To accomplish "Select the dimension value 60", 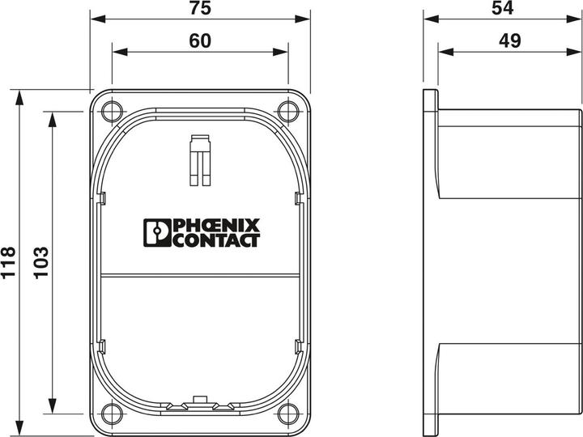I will pyautogui.click(x=200, y=41).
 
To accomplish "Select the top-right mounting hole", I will pyautogui.click(x=287, y=110).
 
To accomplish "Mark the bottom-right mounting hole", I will pyautogui.click(x=287, y=414).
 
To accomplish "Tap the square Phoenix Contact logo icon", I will pyautogui.click(x=155, y=232).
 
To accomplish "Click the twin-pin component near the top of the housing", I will pyautogui.click(x=200, y=158).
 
